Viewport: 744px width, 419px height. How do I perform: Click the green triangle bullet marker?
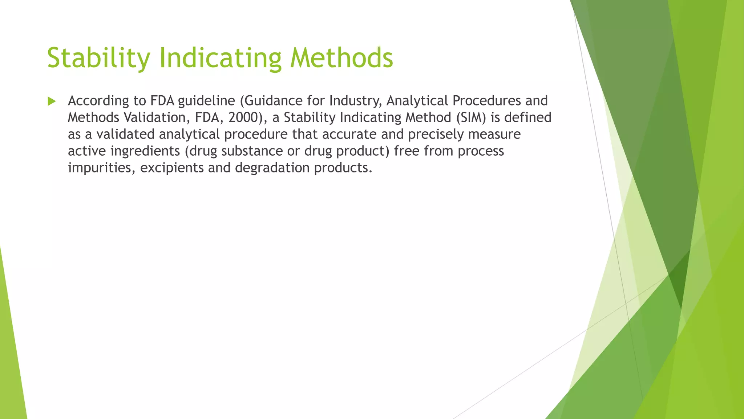pyautogui.click(x=52, y=101)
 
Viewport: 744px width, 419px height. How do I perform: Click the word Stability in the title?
pyautogui.click(x=98, y=58)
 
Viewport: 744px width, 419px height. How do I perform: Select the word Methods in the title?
pyautogui.click(x=341, y=58)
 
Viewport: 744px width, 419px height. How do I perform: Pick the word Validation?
pyautogui.click(x=157, y=117)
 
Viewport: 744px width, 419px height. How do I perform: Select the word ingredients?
pyautogui.click(x=145, y=151)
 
